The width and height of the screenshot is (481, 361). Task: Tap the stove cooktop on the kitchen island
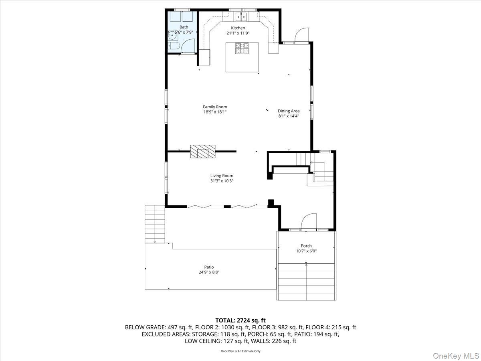click(242, 48)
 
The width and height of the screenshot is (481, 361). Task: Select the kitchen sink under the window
click(242, 16)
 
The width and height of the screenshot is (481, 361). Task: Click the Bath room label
click(184, 27)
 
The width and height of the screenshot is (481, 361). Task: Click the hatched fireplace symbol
click(203, 152)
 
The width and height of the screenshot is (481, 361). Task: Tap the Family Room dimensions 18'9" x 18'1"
click(215, 112)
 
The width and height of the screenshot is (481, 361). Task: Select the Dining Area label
click(289, 111)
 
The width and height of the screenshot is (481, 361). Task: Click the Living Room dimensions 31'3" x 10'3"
click(222, 180)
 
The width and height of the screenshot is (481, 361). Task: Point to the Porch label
click(306, 246)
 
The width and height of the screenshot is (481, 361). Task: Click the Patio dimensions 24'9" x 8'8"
click(209, 272)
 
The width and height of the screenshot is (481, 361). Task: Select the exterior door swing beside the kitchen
click(302, 35)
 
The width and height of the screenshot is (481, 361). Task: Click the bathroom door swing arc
click(188, 46)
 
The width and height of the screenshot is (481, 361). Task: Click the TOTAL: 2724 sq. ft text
click(240, 320)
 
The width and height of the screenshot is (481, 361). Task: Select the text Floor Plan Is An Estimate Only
click(240, 351)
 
